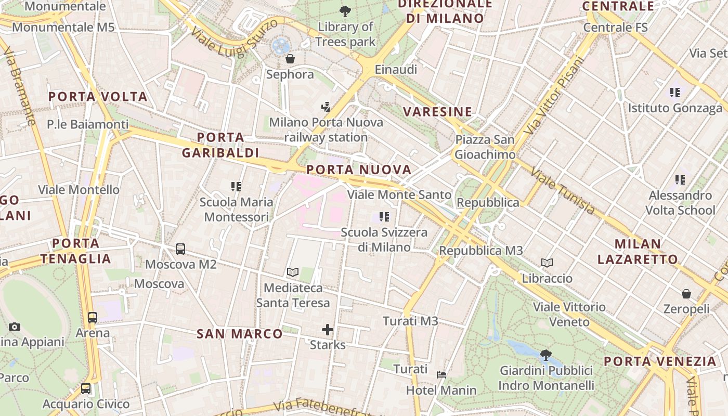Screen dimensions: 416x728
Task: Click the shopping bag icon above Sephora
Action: pyautogui.click(x=290, y=59)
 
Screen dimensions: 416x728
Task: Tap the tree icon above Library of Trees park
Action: pyautogui.click(x=345, y=11)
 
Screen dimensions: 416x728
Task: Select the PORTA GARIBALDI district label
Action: pyautogui.click(x=220, y=145)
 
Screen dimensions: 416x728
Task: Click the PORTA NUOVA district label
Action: pyautogui.click(x=359, y=170)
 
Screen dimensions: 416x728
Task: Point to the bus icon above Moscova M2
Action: pyautogui.click(x=180, y=249)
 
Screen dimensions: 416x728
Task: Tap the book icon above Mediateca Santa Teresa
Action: pyautogui.click(x=293, y=272)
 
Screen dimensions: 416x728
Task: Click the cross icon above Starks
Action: pyautogui.click(x=328, y=329)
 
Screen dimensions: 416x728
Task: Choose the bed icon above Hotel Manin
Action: pyautogui.click(x=441, y=374)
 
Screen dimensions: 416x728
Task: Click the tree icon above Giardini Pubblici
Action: pyautogui.click(x=545, y=355)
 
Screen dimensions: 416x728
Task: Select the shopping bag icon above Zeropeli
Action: pyautogui.click(x=686, y=294)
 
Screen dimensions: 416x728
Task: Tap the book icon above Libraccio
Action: pyautogui.click(x=547, y=263)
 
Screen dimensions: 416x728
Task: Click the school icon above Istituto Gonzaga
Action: pyautogui.click(x=675, y=93)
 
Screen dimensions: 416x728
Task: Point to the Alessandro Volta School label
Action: pyautogui.click(x=680, y=203)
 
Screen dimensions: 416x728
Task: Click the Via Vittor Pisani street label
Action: pyautogui.click(x=555, y=95)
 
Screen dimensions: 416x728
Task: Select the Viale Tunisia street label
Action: pyautogui.click(x=563, y=191)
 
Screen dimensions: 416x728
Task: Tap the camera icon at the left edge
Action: pyautogui.click(x=15, y=327)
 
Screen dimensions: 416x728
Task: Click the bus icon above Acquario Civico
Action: pyautogui.click(x=86, y=388)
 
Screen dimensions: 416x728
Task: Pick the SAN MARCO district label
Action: pyautogui.click(x=239, y=334)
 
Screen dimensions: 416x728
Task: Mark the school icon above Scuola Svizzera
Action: pyautogui.click(x=384, y=217)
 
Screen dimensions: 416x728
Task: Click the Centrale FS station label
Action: pyautogui.click(x=616, y=27)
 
